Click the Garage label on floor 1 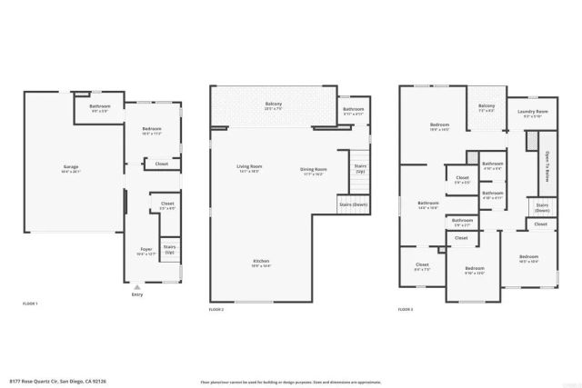pos(70,168)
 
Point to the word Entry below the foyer pos(136,294)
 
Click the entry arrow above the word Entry pos(136,286)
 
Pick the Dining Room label pos(314,170)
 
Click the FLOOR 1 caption pos(30,303)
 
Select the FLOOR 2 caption pos(216,310)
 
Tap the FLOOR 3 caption pos(406,310)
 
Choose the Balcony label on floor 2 pos(273,104)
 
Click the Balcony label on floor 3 pos(487,105)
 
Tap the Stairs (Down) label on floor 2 pos(353,205)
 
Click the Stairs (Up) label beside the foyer pos(169,248)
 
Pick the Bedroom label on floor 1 pos(152,130)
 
